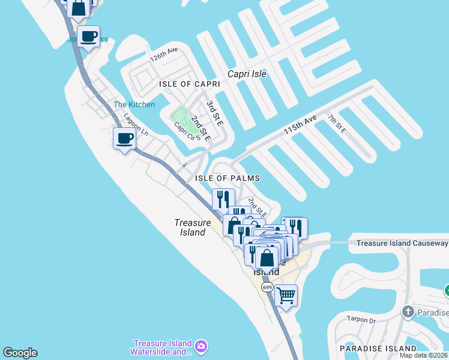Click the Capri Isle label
(247, 74)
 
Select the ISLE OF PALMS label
(227, 179)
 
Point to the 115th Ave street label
(300, 125)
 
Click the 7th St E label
(337, 122)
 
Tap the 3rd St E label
(214, 113)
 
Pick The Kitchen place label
(134, 105)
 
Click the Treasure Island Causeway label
(402, 243)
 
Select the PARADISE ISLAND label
(378, 349)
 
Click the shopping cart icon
(286, 295)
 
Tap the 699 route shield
(268, 288)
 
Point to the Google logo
(20, 353)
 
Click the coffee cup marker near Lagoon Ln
(124, 139)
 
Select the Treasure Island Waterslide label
(162, 348)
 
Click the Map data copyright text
(423, 355)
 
